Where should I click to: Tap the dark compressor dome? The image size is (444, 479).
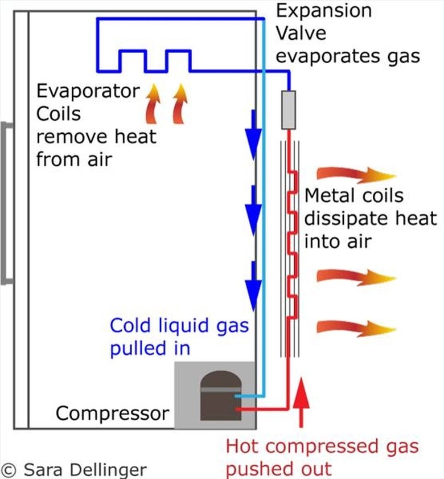tap(221, 395)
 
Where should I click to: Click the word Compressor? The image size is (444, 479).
tap(113, 413)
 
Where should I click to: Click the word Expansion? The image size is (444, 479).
tap(323, 11)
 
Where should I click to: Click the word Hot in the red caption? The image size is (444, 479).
tap(243, 446)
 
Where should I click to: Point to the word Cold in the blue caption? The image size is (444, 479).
tap(130, 326)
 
